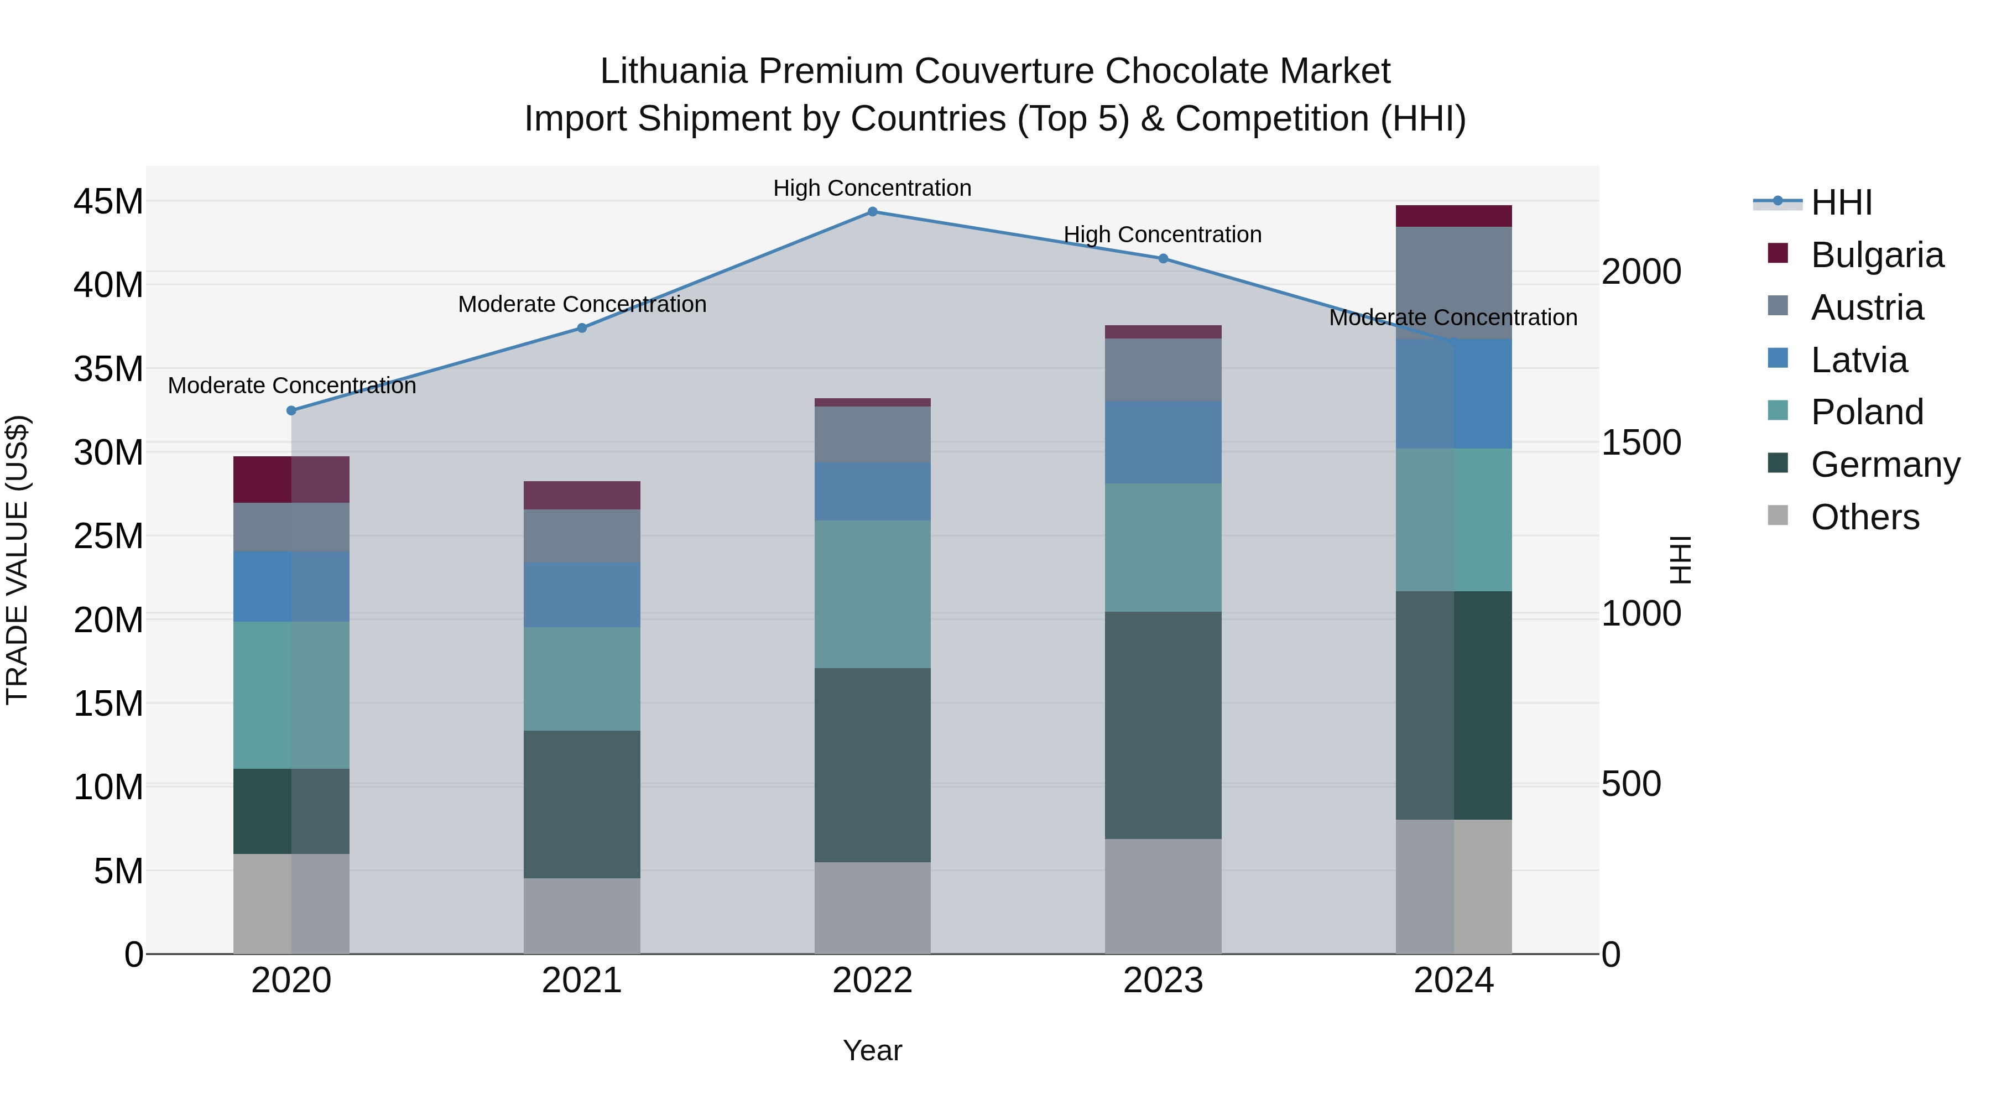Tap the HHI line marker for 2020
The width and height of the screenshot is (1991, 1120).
[x=291, y=410]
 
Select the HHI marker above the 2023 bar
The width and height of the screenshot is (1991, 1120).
[x=1163, y=259]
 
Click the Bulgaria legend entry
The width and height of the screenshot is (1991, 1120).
[x=1877, y=255]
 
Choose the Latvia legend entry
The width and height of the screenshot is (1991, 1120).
[x=1859, y=360]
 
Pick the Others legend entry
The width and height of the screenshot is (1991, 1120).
[x=1864, y=517]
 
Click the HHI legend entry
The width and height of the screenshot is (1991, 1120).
[x=1841, y=202]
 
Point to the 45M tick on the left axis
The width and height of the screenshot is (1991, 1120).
[x=108, y=202]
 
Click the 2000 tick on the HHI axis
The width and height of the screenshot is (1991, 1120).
[x=1641, y=272]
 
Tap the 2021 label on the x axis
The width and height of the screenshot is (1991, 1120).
[x=581, y=981]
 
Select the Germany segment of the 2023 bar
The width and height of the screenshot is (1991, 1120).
[x=1163, y=725]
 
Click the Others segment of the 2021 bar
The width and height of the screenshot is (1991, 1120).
[x=581, y=916]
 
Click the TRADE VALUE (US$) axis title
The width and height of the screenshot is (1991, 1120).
[x=17, y=560]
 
